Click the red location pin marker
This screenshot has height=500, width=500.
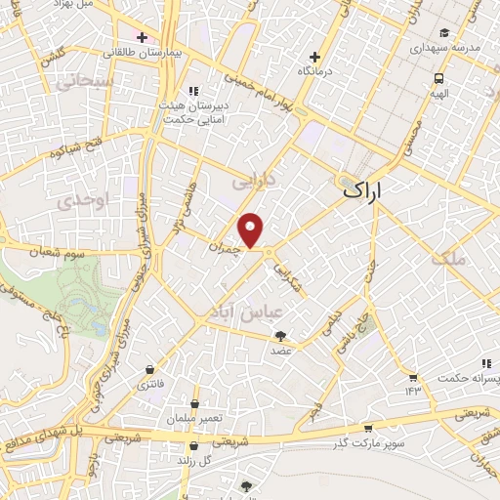pos(252,229)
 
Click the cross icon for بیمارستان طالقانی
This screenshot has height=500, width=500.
pos(143,37)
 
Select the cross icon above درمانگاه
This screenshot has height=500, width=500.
pos(314,57)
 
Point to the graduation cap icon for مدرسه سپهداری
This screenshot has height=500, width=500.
pos(445,31)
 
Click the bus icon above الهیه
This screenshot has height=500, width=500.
pos(439,78)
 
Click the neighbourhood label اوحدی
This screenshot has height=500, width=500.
pos(79,200)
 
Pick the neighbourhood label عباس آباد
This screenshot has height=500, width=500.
pos(245,311)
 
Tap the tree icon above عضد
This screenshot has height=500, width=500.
pos(281,337)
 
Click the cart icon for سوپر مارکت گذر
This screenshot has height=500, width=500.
pos(366,429)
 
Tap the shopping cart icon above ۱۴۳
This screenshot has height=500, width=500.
pos(413,377)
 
